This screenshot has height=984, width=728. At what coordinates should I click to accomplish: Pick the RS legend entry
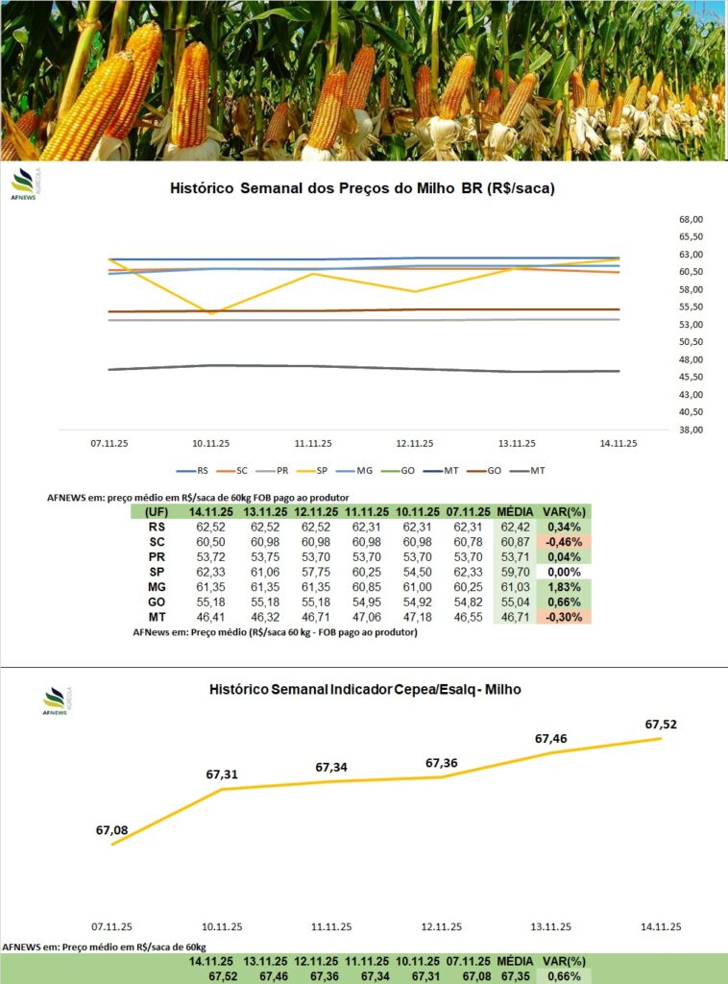tap(197, 472)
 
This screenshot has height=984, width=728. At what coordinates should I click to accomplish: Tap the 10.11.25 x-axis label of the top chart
tap(210, 444)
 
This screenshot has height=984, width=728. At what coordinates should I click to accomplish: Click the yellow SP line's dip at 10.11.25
tap(211, 312)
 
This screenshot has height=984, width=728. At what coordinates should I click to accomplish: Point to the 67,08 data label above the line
tap(111, 829)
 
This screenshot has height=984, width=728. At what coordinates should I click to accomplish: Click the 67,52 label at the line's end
tap(661, 724)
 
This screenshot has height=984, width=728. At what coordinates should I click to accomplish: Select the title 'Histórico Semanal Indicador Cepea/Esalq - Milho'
tap(365, 689)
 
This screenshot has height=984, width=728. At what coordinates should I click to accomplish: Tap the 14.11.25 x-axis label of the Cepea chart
tap(661, 926)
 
